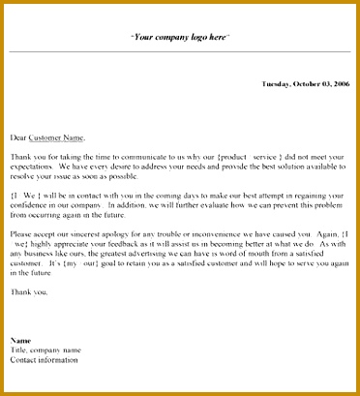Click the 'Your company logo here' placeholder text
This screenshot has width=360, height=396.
coord(179,37)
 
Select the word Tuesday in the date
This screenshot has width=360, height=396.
coord(279,84)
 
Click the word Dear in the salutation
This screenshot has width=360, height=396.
coord(18,137)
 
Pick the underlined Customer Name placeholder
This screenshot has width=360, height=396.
coord(57,137)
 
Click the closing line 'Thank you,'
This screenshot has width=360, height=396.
coord(28,290)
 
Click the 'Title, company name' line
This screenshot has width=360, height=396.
coord(45,350)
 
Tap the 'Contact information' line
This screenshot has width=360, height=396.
coord(45,360)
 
